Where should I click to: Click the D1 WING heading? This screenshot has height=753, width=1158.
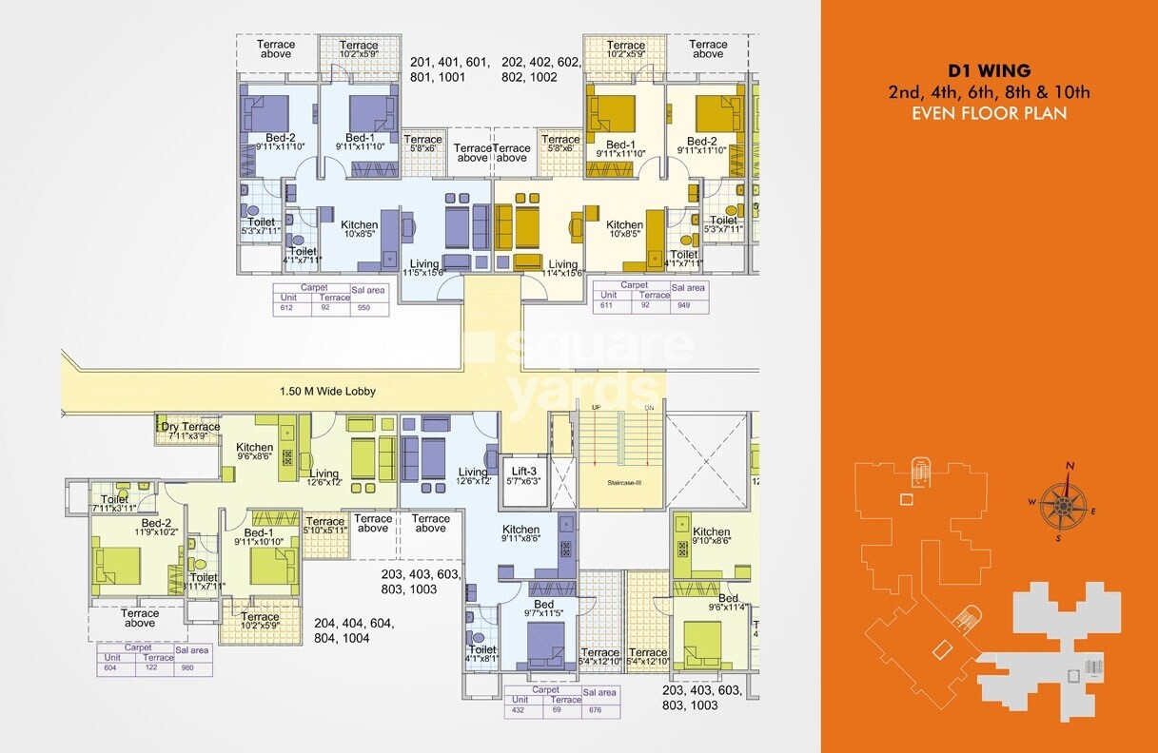point(990,70)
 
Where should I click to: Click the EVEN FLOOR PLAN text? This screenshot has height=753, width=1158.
point(990,113)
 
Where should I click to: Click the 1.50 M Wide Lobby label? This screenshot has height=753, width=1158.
point(327,391)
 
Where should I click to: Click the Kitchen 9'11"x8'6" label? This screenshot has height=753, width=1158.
point(520,534)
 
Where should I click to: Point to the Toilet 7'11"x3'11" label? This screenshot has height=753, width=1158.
point(114,505)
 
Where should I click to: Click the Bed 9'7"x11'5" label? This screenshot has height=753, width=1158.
point(543,609)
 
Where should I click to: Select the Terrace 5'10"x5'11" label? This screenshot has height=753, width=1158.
point(324,526)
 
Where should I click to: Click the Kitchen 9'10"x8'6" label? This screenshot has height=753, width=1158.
point(711,536)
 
